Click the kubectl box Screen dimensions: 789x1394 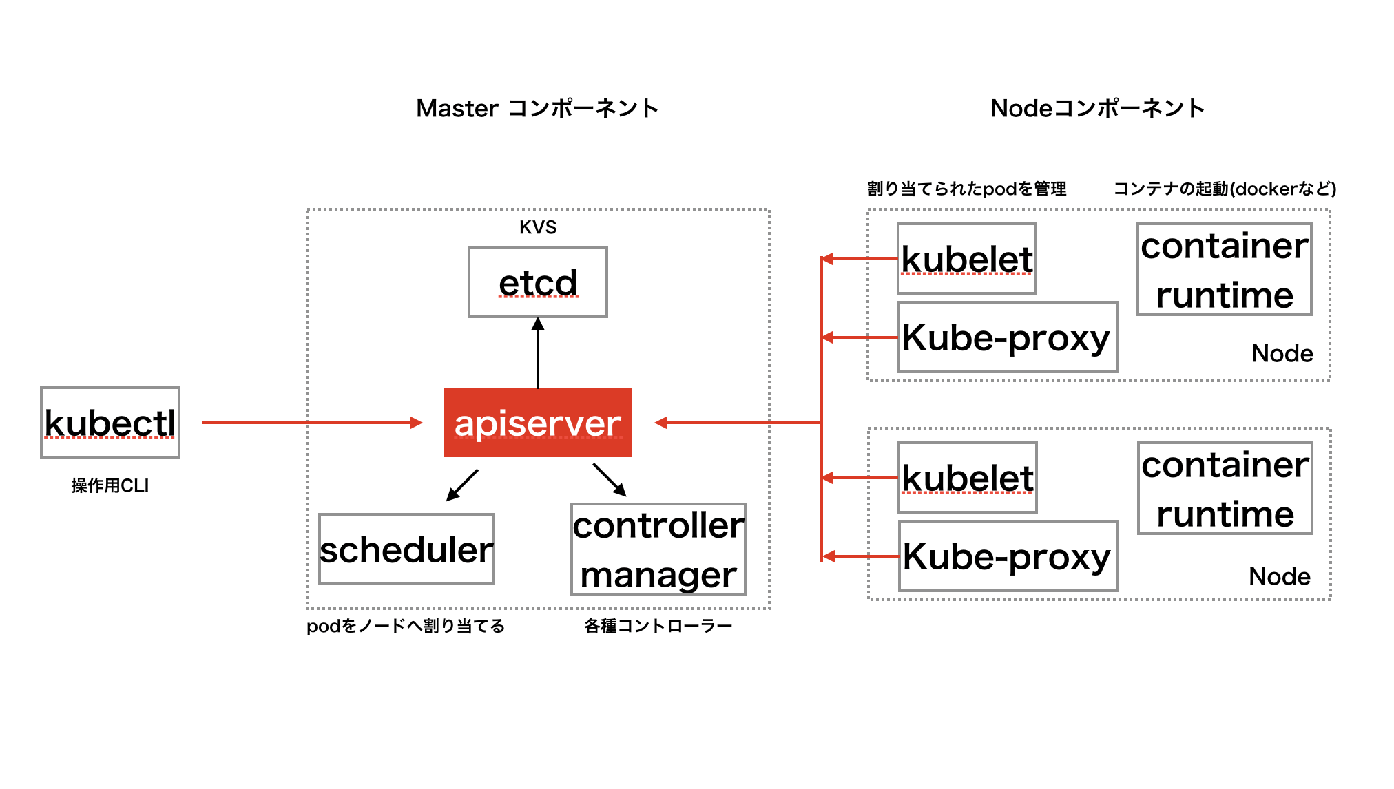110,422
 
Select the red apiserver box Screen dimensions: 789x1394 538,422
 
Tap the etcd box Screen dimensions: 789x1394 538,282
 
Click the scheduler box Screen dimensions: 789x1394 406,549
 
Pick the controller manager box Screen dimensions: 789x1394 658,549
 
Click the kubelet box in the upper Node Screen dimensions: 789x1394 967,259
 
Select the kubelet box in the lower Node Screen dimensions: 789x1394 968,478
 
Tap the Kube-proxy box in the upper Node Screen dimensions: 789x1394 1007,337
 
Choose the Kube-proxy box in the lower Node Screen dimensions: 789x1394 1008,556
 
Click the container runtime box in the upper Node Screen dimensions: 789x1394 1225,269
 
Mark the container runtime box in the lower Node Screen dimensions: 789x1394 1225,488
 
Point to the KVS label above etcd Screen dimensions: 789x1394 538,227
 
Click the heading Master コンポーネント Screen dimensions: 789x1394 538,108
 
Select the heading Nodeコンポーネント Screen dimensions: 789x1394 1098,108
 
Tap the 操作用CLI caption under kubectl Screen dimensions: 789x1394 110,485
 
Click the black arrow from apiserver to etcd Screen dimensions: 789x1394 538,353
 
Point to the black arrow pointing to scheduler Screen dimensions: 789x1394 462,485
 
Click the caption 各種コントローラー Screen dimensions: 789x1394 658,626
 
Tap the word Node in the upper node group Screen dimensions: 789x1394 1282,353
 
